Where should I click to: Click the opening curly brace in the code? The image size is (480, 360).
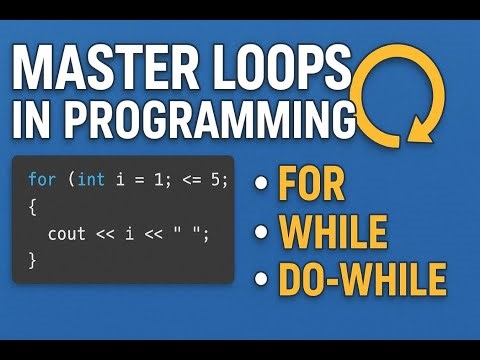[x=31, y=207]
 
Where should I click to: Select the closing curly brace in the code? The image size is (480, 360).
[x=31, y=260]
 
